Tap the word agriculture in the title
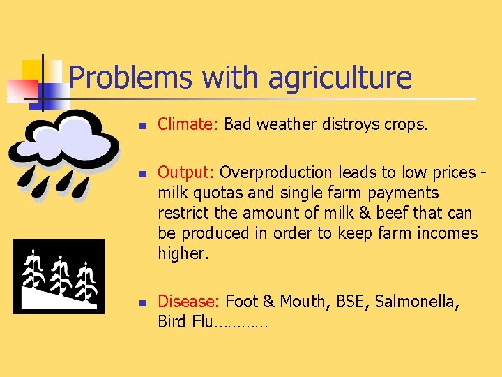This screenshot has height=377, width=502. tap(340, 78)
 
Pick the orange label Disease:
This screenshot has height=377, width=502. tap(189, 302)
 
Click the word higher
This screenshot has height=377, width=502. tap(183, 253)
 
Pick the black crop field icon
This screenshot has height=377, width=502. tap(59, 276)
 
